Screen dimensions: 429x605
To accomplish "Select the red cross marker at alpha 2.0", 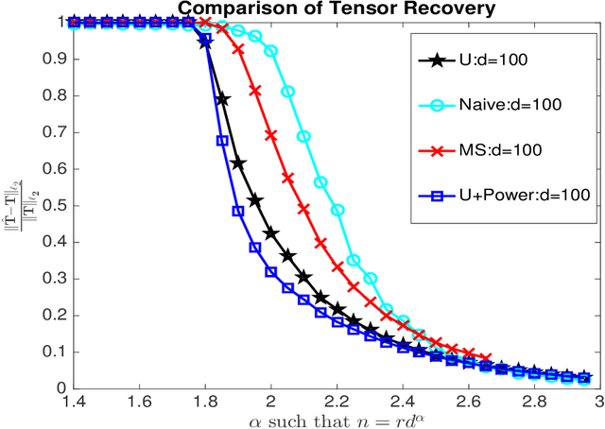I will coord(271,135).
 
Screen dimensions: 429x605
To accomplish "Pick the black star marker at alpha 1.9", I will coord(238,163).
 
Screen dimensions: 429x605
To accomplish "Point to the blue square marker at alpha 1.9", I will coord(238,211).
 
